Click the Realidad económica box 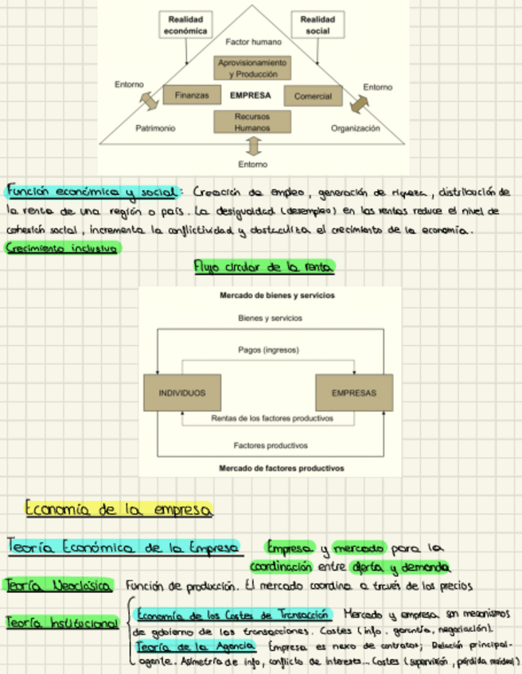tap(185, 25)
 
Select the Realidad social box tap(317, 25)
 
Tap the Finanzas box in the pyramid tap(192, 95)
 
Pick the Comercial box tap(313, 96)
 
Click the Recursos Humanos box tap(252, 122)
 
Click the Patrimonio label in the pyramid tap(156, 128)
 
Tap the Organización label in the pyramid tap(356, 128)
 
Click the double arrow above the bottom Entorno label tap(253, 146)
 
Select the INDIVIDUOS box tap(181, 393)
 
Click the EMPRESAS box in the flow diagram tap(354, 393)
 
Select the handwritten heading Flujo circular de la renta tap(264, 267)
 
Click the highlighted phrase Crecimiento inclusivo tap(61, 249)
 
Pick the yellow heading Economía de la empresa tap(118, 508)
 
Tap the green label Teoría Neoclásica tap(59, 586)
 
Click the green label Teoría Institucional tap(61, 625)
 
